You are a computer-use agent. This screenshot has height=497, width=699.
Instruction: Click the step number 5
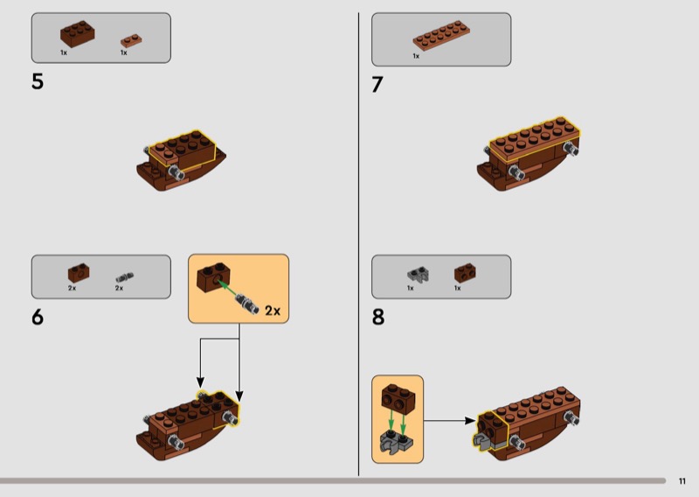tap(38, 81)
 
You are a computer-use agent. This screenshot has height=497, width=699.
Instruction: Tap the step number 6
tap(38, 317)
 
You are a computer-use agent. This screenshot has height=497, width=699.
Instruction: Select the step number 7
tap(377, 84)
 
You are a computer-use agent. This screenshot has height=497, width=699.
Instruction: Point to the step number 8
tap(378, 317)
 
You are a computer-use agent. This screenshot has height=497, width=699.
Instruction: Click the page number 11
tap(682, 481)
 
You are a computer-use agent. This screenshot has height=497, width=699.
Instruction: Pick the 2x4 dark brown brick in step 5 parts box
tap(78, 34)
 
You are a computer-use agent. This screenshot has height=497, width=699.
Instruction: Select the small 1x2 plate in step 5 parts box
tap(131, 40)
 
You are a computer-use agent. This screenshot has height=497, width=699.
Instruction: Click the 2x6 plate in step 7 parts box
tap(441, 35)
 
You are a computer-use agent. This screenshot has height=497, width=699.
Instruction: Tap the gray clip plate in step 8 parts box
tap(418, 274)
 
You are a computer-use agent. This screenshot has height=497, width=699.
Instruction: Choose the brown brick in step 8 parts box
tap(465, 273)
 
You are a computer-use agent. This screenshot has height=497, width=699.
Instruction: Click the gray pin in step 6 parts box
tap(125, 277)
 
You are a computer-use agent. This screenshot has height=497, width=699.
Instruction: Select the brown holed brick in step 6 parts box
tap(79, 273)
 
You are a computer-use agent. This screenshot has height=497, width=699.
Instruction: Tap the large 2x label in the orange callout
tap(273, 311)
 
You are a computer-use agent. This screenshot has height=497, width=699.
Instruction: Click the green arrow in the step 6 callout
tap(227, 289)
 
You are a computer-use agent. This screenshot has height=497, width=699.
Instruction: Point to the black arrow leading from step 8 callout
tap(449, 420)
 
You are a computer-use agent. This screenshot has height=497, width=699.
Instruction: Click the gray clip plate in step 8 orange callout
tap(397, 441)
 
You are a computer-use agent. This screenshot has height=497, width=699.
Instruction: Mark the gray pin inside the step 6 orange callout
tap(247, 304)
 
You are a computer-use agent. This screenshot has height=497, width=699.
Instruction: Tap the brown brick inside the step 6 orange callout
tap(213, 277)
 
